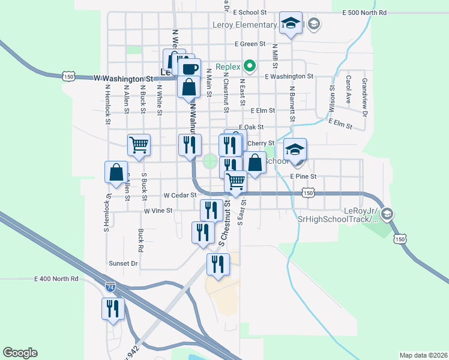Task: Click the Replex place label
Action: [x=228, y=65]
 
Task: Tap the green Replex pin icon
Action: [x=253, y=65]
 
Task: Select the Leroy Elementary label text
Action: [x=245, y=25]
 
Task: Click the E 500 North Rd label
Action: [x=364, y=12]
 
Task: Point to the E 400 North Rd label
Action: [x=56, y=279]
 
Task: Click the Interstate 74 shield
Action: [x=110, y=287]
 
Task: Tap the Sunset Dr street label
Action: [x=123, y=263]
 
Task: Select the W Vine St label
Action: [x=158, y=211]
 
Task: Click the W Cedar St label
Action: [x=180, y=195]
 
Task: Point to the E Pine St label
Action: [x=303, y=176]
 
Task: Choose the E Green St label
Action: [x=250, y=44]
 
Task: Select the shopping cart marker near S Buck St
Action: [x=139, y=144]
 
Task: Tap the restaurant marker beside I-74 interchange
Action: [x=113, y=308]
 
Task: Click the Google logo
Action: [x=20, y=353]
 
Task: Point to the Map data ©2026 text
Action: [x=423, y=355]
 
